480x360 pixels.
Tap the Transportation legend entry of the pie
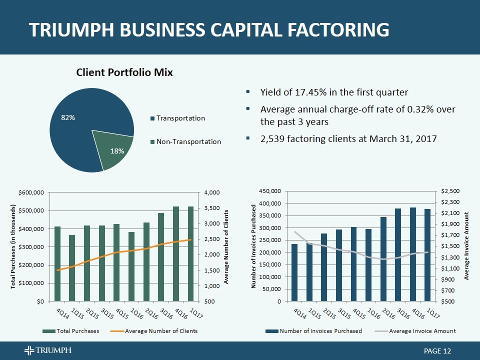click(180, 118)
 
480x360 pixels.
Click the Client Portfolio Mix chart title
click(124, 72)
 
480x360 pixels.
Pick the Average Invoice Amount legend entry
click(422, 331)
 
